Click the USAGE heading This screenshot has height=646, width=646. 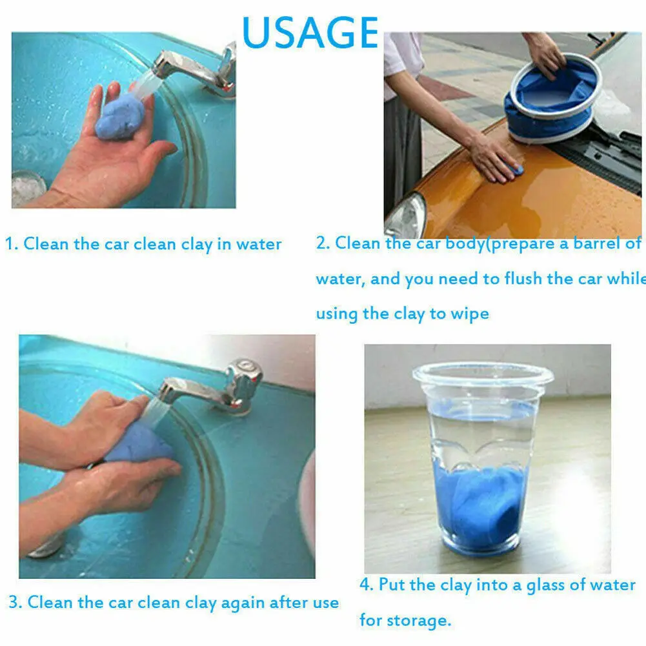(x=310, y=32)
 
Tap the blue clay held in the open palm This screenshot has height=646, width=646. (x=119, y=117)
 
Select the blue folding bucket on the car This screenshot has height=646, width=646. (x=551, y=99)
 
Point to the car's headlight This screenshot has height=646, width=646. (x=406, y=216)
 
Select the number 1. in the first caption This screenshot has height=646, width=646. (x=12, y=244)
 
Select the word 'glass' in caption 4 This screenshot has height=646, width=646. (x=546, y=585)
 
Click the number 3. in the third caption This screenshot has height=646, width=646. (x=15, y=602)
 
